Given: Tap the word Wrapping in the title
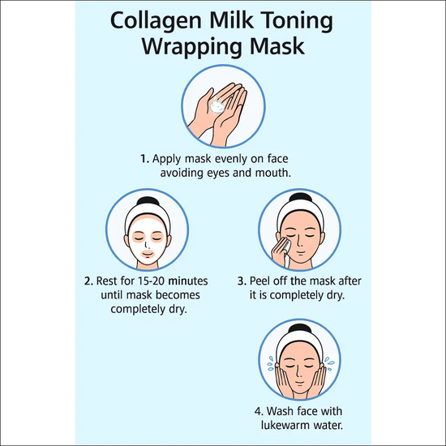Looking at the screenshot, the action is [x=192, y=47].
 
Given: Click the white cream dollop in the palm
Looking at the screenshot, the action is [x=217, y=106].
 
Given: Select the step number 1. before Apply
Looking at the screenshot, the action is [x=145, y=159].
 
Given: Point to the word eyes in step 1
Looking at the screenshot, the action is [x=218, y=174].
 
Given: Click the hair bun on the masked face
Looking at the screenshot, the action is [x=148, y=201].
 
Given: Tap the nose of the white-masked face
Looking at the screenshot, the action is [x=147, y=245].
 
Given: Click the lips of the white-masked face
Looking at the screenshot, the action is [x=148, y=254].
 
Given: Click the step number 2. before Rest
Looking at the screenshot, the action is [x=88, y=281].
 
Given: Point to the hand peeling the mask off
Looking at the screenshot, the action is [x=281, y=252].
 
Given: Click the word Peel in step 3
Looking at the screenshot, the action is [x=259, y=281].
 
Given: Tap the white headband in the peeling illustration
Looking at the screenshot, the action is [x=300, y=211].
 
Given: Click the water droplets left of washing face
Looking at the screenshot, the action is [x=271, y=363].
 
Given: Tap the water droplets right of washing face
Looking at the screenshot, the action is [x=330, y=363].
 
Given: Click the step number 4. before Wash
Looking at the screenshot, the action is [x=259, y=411].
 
